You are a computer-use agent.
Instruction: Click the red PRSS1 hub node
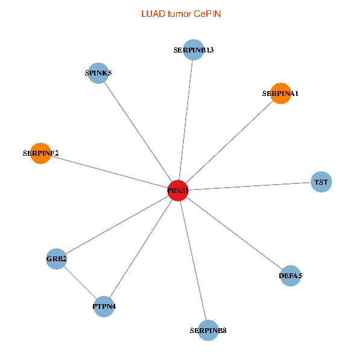coord(178,191)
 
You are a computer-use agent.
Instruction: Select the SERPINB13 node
coord(193,50)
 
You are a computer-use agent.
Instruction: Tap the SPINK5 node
coord(98,73)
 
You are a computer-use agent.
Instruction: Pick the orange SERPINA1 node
coord(280,94)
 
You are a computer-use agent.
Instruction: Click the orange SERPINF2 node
coord(40,153)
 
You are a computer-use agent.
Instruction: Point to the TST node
coord(321,182)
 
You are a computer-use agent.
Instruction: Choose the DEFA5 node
coord(290,276)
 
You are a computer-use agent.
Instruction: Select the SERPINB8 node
coord(208,330)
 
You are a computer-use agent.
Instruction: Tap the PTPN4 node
coord(104,306)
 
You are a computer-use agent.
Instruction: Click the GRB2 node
coord(56,259)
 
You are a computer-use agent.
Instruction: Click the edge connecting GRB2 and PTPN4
coord(80,283)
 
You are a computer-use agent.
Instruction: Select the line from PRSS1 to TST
coord(249,186)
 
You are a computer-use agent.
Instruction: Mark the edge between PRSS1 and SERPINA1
coord(229,142)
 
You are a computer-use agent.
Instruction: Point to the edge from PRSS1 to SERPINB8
coord(193,261)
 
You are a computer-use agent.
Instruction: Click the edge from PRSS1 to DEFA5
coord(234,233)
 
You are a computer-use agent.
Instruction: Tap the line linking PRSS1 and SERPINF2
coord(109,172)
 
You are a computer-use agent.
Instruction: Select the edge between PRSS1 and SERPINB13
coord(186,120)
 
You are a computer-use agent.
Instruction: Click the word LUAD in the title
coord(151,13)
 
